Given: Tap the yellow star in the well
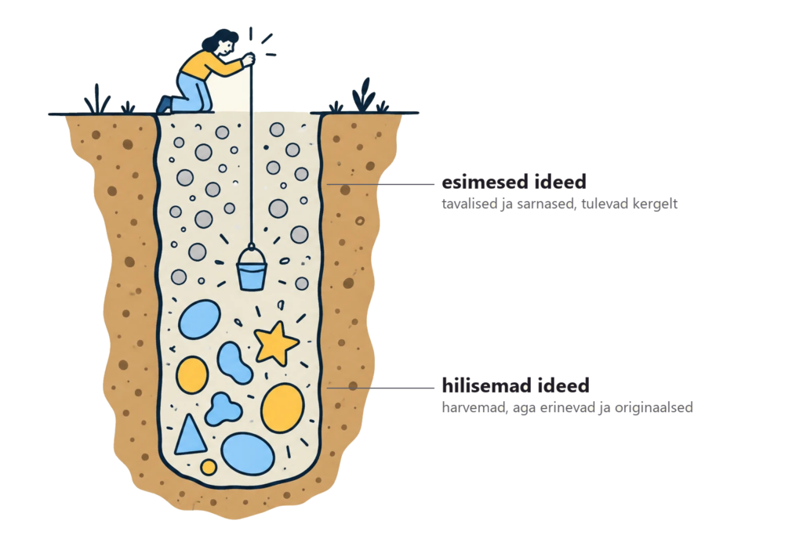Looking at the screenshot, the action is click(277, 344).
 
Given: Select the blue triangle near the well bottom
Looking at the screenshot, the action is click(190, 437).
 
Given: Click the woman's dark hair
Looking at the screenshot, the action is click(220, 39).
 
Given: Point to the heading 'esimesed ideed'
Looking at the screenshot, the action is click(514, 182).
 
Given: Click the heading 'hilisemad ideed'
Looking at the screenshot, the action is click(516, 385).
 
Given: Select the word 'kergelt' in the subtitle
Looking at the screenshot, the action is click(655, 204).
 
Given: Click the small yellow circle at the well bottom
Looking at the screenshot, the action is click(209, 467).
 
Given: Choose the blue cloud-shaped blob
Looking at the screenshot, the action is click(223, 409).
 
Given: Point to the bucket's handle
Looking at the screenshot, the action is click(251, 253).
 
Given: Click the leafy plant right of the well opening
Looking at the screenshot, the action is click(364, 96).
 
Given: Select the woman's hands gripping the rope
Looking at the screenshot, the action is click(249, 60).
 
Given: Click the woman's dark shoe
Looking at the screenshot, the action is click(164, 104).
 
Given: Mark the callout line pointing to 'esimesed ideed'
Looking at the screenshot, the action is click(380, 184).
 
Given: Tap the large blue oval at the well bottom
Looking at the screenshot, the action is click(248, 454).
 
